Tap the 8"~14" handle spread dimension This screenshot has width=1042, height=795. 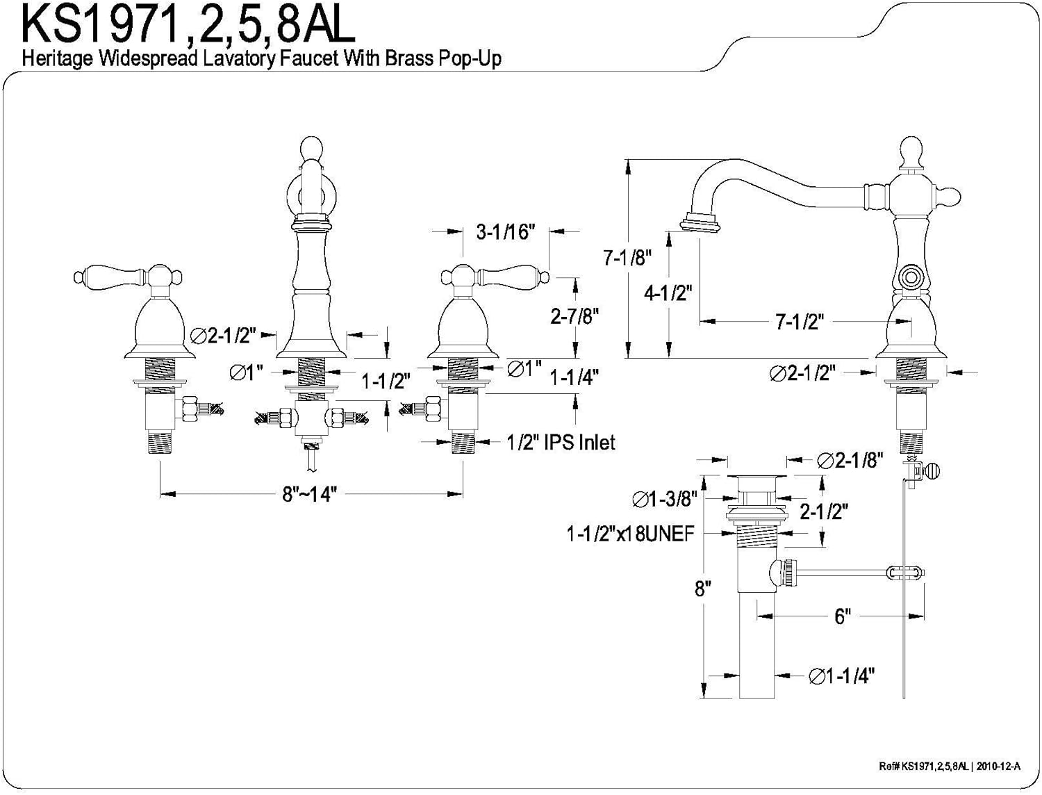coord(309,494)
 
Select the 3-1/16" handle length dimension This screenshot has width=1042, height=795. coord(505,232)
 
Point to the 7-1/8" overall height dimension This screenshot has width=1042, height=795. coord(627,258)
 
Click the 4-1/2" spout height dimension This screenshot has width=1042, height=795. coord(668,293)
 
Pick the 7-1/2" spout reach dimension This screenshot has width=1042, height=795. coord(799,322)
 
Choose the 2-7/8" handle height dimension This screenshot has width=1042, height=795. coord(574,317)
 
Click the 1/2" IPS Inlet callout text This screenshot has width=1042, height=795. coord(561,442)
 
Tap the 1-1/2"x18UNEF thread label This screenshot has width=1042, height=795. coord(630,534)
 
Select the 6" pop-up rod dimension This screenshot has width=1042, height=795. coord(842,616)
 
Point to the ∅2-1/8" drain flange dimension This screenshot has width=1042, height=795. coord(850,460)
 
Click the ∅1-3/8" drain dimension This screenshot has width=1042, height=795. coord(664,498)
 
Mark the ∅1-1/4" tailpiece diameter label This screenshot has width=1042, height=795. coord(841,675)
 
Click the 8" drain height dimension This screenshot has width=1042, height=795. coord(703,589)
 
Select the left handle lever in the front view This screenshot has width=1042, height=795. coord(104,275)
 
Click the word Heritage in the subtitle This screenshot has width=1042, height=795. coord(58,59)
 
